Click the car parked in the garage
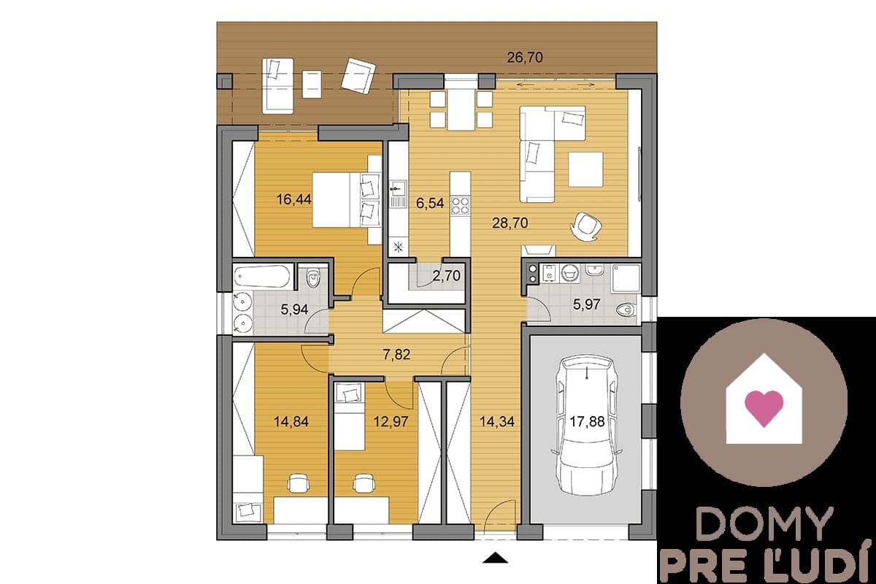coord(587,425)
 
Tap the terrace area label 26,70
coord(525,58)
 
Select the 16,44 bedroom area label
coord(293,199)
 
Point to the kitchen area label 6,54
coord(430,203)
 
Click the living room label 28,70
coord(510,223)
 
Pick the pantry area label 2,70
coord(446,276)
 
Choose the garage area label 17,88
coord(587,422)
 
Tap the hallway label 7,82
coord(396,354)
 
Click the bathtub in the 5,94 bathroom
coord(262,277)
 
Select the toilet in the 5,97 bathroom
coord(626,310)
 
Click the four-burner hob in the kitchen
coord(460,206)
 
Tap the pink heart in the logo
coord(764,408)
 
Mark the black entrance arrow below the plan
coord(495,558)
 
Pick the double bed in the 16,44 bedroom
coord(346,200)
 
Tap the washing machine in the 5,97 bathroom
coord(570,273)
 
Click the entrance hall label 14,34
coord(496,421)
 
